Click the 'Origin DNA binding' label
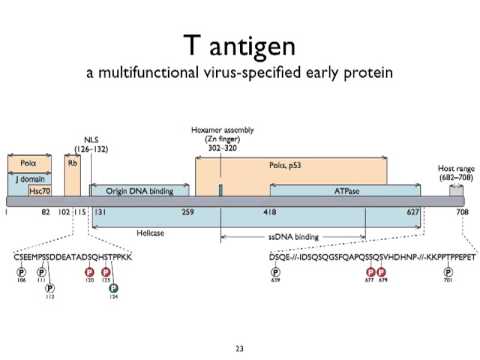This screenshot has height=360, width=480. (139, 189)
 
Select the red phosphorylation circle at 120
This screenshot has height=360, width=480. (89, 271)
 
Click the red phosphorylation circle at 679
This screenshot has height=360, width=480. (381, 271)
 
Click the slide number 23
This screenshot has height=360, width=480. (239, 348)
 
